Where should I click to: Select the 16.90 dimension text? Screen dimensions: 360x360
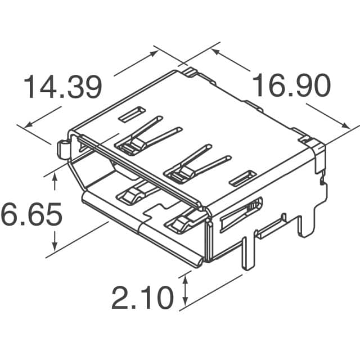pos(290,86)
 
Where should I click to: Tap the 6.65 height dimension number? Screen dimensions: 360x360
pos(24,215)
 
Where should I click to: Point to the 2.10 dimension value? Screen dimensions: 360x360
pos(142,298)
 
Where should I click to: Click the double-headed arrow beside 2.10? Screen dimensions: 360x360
pos(186,289)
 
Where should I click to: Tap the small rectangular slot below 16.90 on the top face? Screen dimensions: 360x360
pos(243,178)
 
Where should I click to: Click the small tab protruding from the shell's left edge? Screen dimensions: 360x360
pos(63,148)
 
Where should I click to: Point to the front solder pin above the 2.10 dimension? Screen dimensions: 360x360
pos(246,253)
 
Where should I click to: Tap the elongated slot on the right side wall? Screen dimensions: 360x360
pos(241,217)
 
